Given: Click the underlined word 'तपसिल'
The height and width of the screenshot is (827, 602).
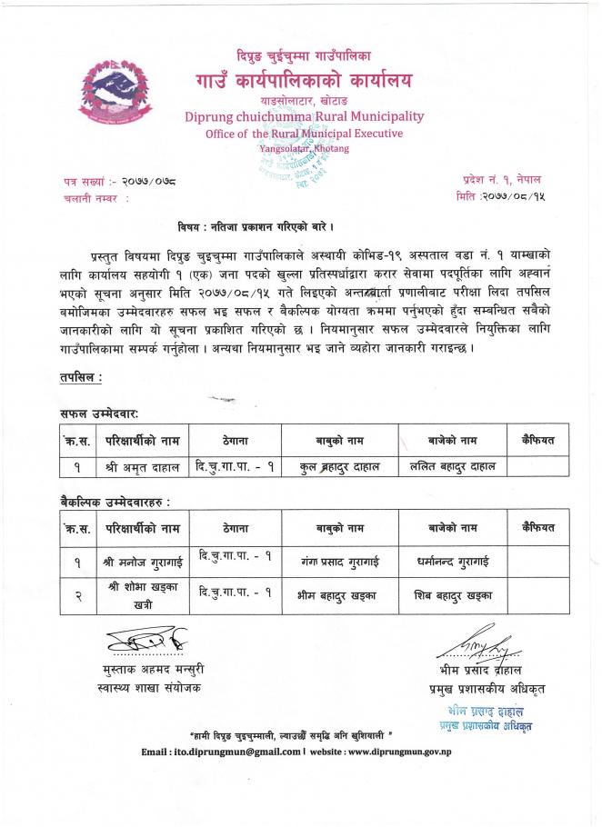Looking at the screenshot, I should [80, 375].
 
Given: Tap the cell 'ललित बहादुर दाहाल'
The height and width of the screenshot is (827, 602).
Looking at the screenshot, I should [452, 466].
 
